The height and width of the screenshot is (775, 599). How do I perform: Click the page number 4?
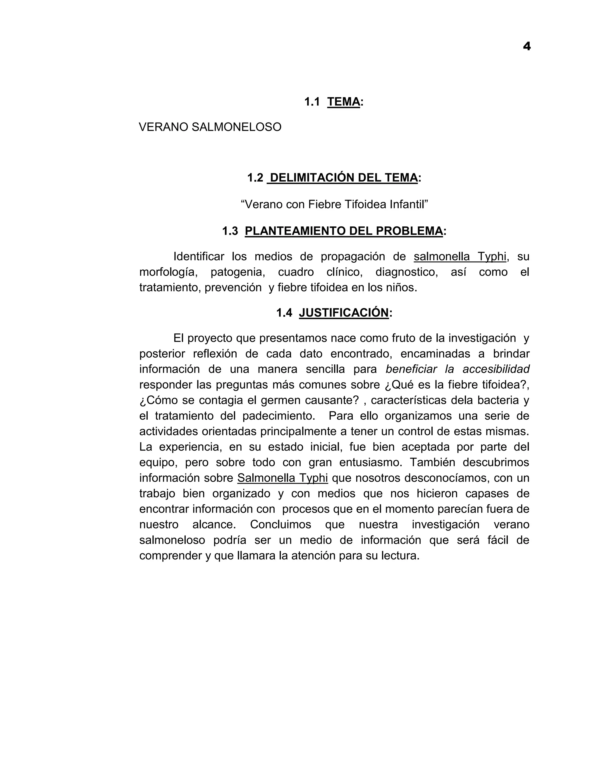[x=526, y=46]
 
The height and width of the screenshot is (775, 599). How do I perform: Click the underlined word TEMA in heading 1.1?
[x=343, y=102]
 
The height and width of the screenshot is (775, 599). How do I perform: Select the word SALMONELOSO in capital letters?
[x=236, y=127]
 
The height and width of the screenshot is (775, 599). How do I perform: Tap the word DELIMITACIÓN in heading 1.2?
[x=313, y=178]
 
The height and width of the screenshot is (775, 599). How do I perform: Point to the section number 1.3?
[x=230, y=231]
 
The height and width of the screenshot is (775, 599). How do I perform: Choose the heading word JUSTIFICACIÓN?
[x=344, y=313]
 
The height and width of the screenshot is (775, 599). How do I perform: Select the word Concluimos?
[x=280, y=524]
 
